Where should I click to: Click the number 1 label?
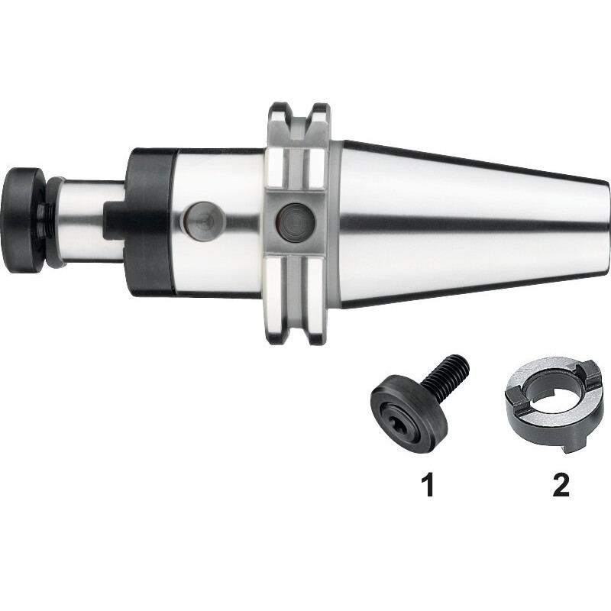pyautogui.click(x=428, y=484)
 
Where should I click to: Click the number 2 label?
pyautogui.click(x=561, y=484)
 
